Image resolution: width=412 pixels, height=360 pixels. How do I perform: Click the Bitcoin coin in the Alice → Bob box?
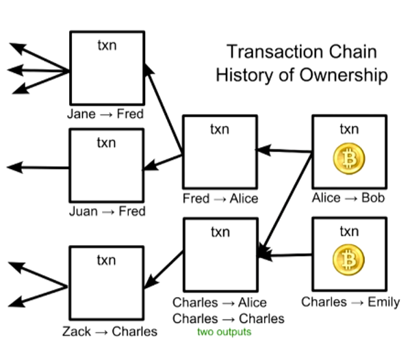tap(349, 159)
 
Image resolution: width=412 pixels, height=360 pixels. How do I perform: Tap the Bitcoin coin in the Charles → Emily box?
tap(349, 260)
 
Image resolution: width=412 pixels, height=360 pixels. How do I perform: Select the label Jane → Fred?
tap(105, 114)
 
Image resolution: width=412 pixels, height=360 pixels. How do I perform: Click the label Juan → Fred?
tap(107, 211)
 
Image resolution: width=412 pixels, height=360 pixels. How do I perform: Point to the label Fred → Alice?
tap(220, 198)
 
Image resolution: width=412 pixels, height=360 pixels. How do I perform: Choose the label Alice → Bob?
tap(348, 198)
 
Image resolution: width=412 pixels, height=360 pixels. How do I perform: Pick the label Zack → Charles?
tap(110, 332)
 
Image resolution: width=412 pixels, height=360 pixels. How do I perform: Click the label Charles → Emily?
tap(350, 302)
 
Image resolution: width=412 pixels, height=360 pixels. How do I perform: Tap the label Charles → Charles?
tap(228, 318)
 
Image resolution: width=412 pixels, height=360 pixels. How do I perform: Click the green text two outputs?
tap(224, 333)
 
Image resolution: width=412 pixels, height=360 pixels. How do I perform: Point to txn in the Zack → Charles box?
tap(106, 260)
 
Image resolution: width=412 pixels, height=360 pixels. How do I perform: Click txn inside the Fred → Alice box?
tap(220, 129)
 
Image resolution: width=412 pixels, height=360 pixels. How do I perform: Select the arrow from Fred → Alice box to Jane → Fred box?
tap(164, 110)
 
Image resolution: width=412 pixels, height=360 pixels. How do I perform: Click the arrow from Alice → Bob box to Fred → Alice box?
tap(284, 150)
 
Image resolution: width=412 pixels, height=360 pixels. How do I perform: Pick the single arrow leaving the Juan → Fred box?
tap(38, 167)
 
